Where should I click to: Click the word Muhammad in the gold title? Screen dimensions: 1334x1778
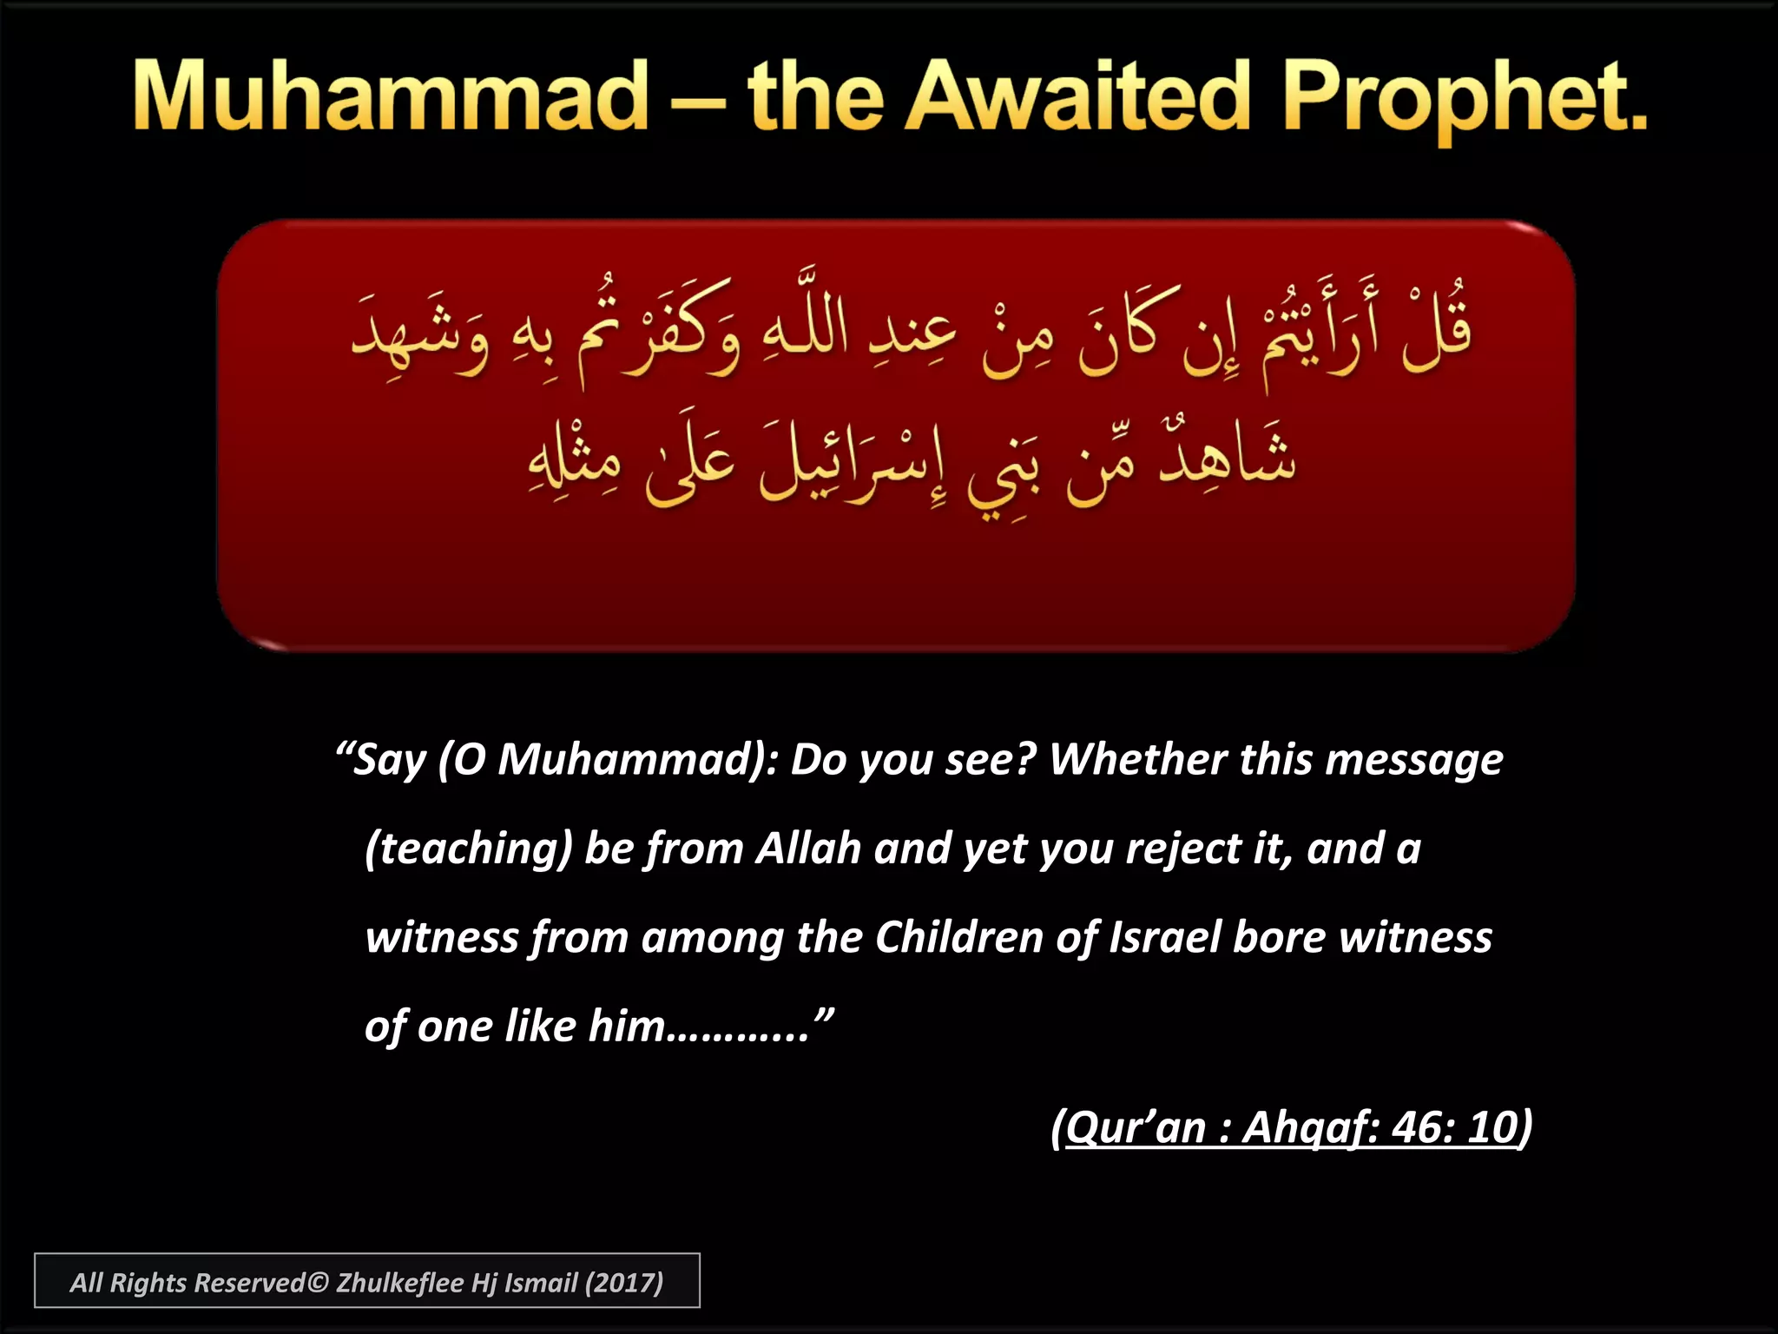(x=391, y=97)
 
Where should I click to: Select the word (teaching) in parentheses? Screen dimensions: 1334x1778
(x=469, y=849)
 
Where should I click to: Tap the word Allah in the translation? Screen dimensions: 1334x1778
(x=808, y=848)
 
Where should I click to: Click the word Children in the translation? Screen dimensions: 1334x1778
(x=959, y=937)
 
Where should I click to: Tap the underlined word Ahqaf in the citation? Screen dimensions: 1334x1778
(x=1310, y=1128)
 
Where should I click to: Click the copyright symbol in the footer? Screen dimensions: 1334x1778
(x=318, y=1283)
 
